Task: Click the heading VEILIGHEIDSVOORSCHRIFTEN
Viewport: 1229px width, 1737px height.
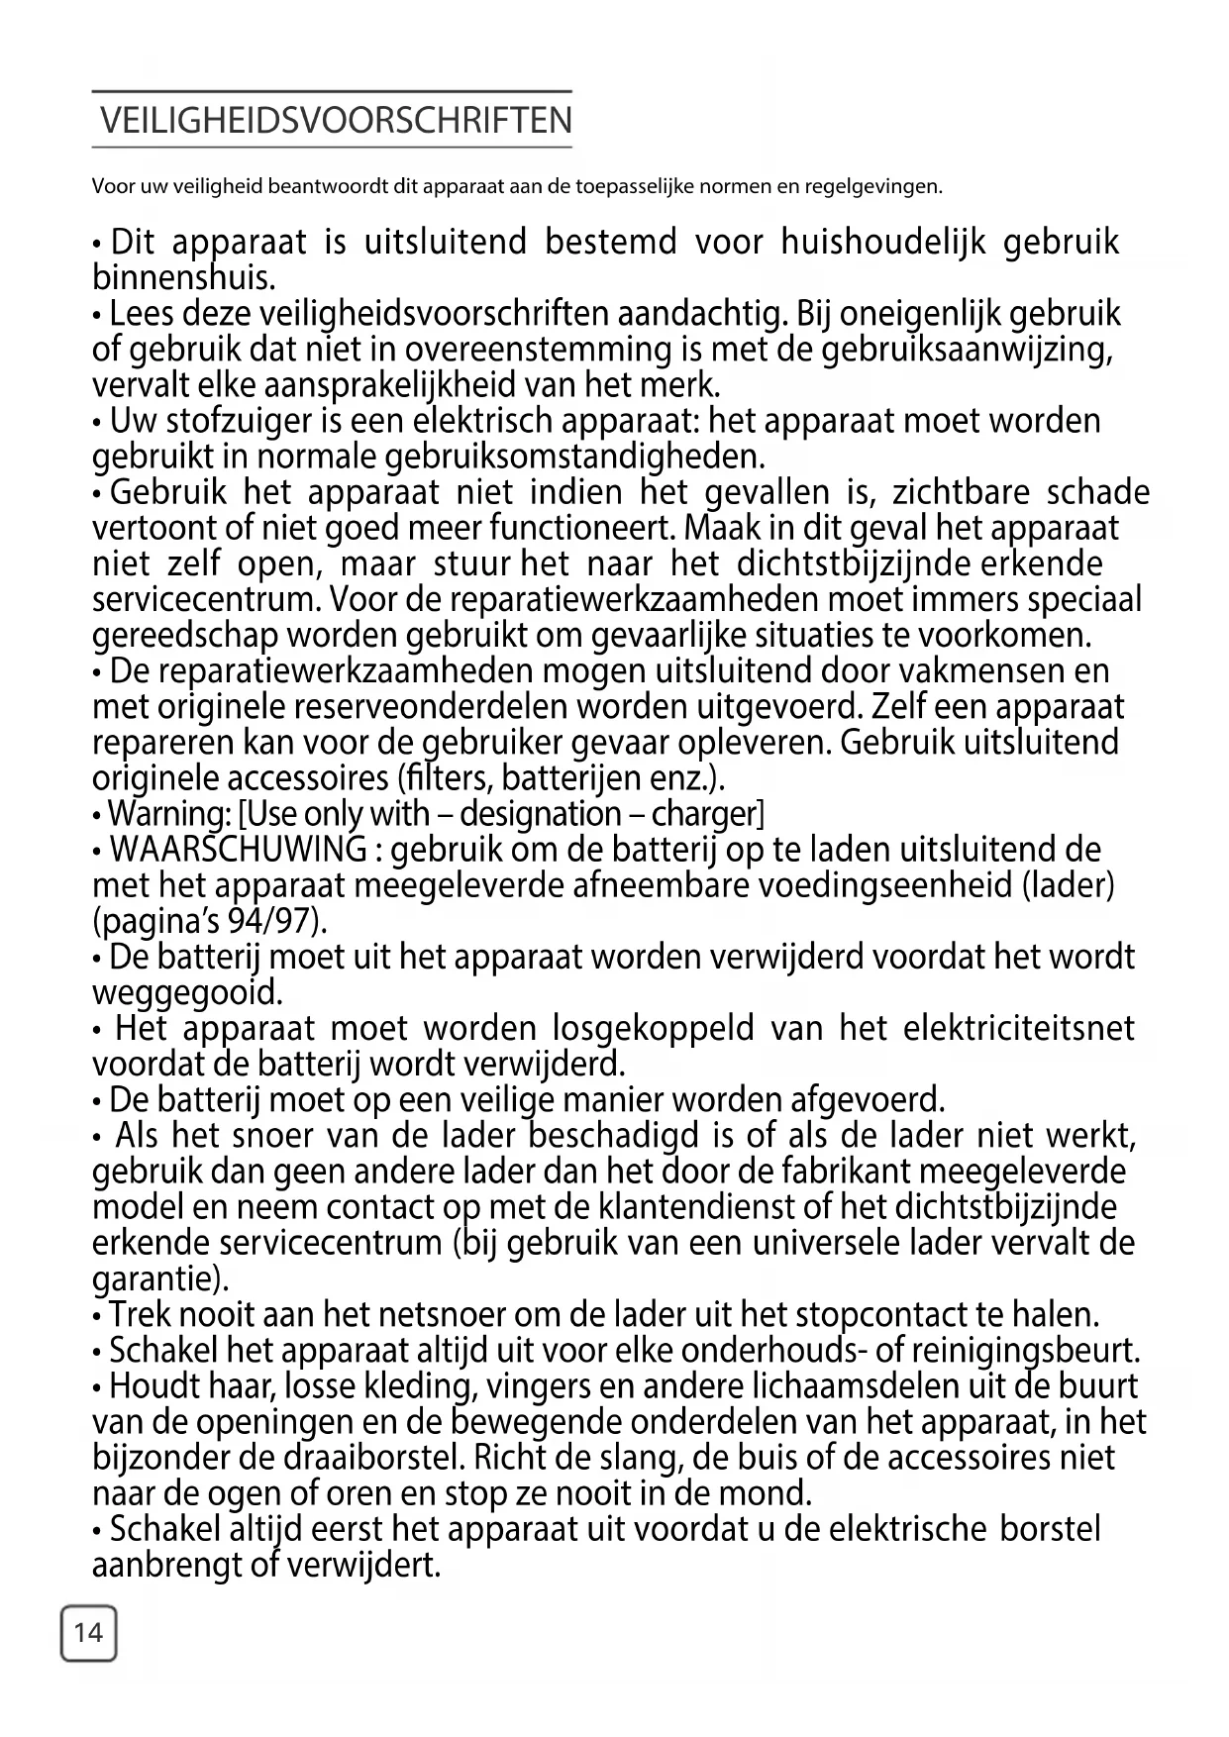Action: (x=336, y=121)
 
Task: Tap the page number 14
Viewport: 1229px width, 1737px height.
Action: (x=88, y=1632)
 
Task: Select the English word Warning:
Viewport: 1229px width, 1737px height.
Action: (x=168, y=814)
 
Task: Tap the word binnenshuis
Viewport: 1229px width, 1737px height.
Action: (x=183, y=277)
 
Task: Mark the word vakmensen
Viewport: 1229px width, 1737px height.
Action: (x=975, y=671)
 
